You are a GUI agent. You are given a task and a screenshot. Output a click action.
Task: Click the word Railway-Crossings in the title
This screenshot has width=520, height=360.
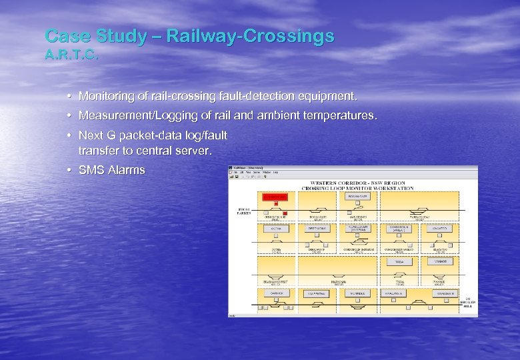(x=250, y=36)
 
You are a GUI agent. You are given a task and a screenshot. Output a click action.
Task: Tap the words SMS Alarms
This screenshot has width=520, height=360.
(x=111, y=170)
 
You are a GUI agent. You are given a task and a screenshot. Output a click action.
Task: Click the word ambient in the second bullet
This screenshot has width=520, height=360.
(x=267, y=116)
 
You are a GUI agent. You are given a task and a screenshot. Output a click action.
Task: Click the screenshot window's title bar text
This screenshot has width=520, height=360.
(x=249, y=167)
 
